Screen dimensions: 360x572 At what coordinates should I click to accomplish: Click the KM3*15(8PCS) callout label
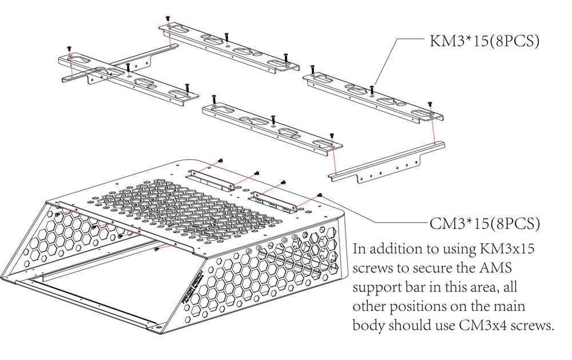tap(484, 41)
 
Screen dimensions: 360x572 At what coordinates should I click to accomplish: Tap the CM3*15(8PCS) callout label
tap(484, 223)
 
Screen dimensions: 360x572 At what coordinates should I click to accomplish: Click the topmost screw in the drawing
tap(168, 19)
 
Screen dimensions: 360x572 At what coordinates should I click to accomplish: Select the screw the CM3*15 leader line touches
tap(319, 196)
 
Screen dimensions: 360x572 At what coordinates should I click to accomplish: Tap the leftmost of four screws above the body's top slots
tap(221, 161)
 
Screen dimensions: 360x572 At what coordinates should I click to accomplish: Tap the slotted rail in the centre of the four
tap(272, 126)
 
